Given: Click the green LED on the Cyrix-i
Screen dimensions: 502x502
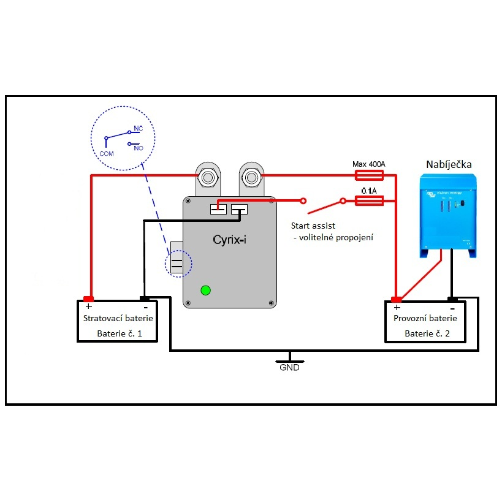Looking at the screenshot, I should pyautogui.click(x=206, y=290).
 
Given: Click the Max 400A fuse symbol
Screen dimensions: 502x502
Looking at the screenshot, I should pyautogui.click(x=370, y=175).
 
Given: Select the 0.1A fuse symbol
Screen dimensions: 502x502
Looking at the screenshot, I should pyautogui.click(x=370, y=200).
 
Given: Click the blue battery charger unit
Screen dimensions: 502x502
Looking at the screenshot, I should pyautogui.click(x=447, y=215).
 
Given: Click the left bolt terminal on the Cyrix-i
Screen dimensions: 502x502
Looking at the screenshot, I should pyautogui.click(x=207, y=178).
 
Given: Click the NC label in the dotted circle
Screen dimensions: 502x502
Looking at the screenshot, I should pyautogui.click(x=139, y=129).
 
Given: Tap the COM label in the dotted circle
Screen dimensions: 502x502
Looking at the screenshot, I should pyautogui.click(x=107, y=154).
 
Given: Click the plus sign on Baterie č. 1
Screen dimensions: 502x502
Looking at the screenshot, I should pyautogui.click(x=89, y=306).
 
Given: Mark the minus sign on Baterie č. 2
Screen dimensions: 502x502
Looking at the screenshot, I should pyautogui.click(x=452, y=307).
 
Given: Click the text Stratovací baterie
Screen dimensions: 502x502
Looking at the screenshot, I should pyautogui.click(x=118, y=319).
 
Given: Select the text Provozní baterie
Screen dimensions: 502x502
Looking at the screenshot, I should pyautogui.click(x=425, y=319).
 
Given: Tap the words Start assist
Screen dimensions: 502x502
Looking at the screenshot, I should pyautogui.click(x=313, y=226).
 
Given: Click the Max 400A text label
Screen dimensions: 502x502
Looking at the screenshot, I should pyautogui.click(x=370, y=164).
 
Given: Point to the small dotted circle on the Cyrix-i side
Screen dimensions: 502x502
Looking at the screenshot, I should pyautogui.click(x=178, y=265).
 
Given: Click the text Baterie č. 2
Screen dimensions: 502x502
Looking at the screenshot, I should pyautogui.click(x=427, y=334).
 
